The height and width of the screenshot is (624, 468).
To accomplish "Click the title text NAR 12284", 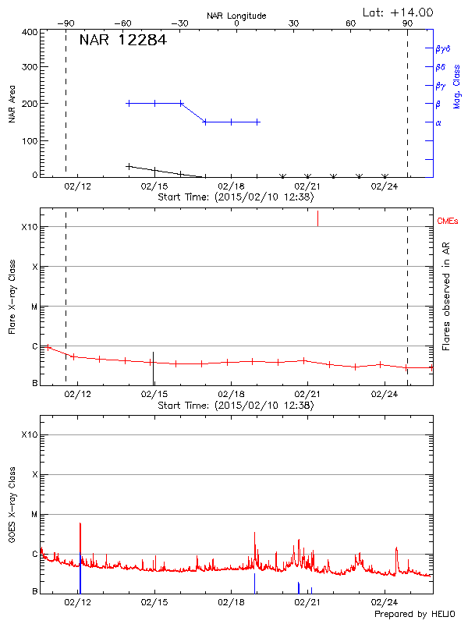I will (122, 40).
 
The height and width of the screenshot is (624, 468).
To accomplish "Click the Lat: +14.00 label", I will (399, 12).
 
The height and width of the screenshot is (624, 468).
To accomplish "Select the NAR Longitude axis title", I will (236, 16).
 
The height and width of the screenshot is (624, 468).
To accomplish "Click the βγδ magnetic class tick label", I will (442, 48).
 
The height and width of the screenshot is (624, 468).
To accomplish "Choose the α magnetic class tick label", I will (438, 122).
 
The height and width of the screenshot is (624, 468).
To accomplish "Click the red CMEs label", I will (448, 222).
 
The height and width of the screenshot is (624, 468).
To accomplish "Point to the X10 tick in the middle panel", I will (30, 227).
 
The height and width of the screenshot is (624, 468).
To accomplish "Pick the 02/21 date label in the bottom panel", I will (308, 601).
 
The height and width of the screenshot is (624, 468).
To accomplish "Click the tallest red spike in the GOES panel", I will (80, 524).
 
